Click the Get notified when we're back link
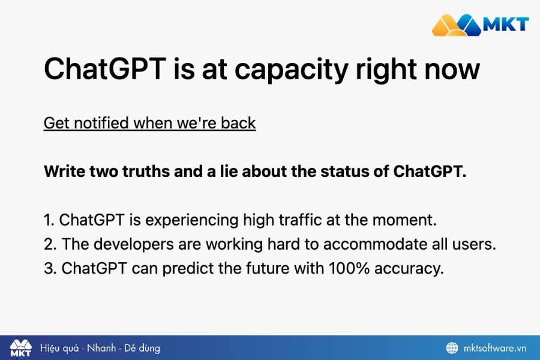[149, 123]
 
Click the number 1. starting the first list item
[49, 220]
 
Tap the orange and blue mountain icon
[457, 25]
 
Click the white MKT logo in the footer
[21, 348]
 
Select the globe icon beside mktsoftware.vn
[452, 348]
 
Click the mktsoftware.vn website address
[495, 348]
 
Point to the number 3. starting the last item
[50, 268]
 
